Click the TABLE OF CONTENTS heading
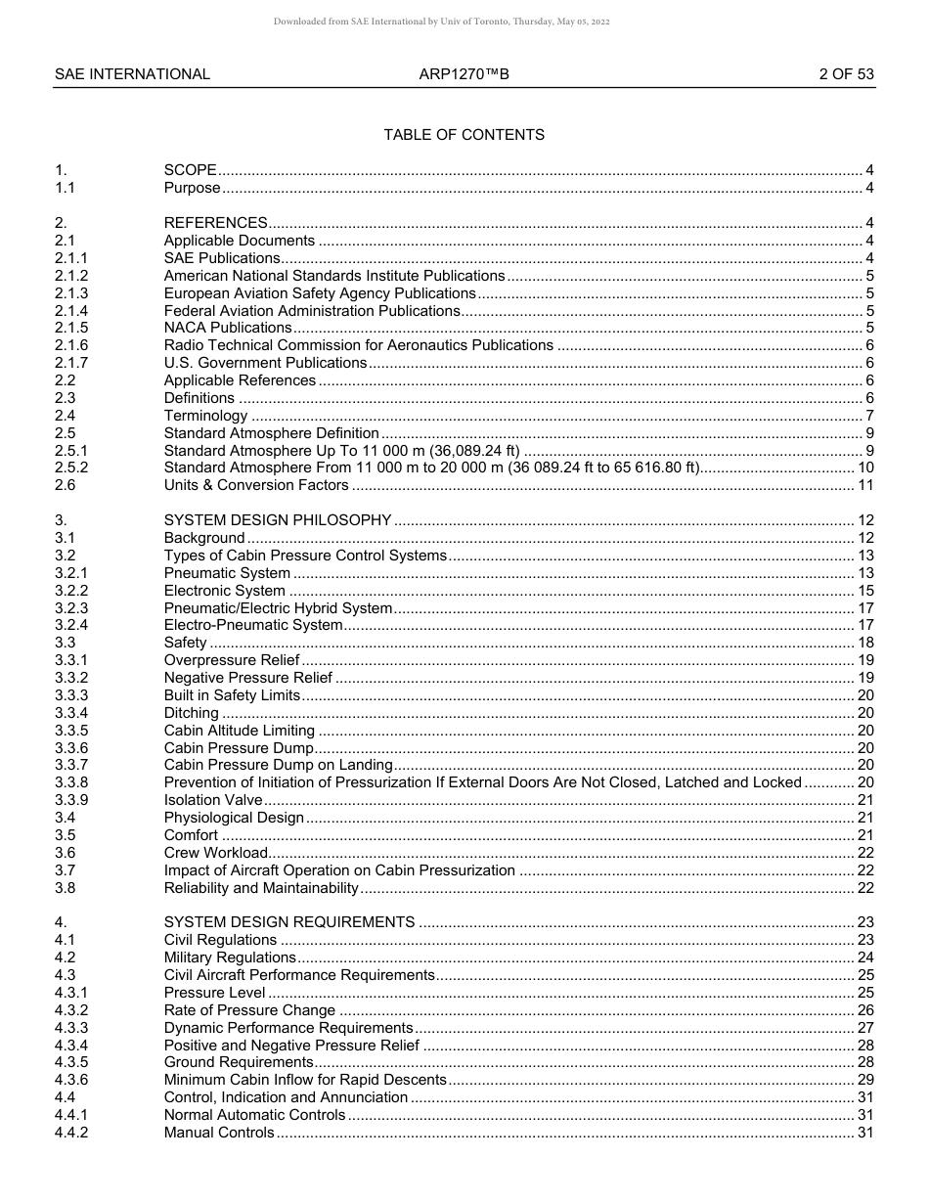[x=464, y=134]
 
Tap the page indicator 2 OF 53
[x=846, y=73]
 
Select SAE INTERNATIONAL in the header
[x=132, y=73]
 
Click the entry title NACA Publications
[x=227, y=328]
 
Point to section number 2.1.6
[x=71, y=345]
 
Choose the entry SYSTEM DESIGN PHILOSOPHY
[x=277, y=520]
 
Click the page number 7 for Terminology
[x=869, y=416]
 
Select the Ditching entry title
[x=191, y=713]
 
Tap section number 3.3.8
[x=71, y=782]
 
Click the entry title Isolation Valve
[x=213, y=800]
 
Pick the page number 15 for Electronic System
[x=865, y=591]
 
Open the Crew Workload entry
[x=215, y=853]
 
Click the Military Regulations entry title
[x=230, y=958]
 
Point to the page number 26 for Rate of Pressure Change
[x=865, y=1010]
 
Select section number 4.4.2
[x=71, y=1133]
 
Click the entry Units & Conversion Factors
[x=256, y=485]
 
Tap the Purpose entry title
[x=192, y=188]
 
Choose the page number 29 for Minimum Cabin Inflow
[x=865, y=1080]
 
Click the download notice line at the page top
[x=441, y=22]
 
